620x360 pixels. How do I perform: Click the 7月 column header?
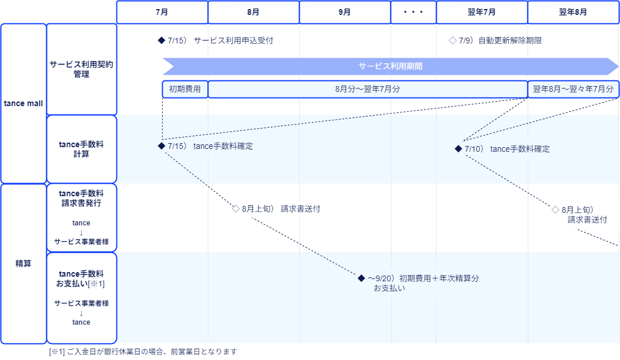click(x=162, y=12)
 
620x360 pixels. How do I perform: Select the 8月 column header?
click(x=253, y=12)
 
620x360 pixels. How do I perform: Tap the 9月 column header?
click(x=345, y=12)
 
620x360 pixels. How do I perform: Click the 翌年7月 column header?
click(x=481, y=12)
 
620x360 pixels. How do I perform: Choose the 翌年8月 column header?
click(x=573, y=12)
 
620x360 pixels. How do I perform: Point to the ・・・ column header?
click(x=413, y=12)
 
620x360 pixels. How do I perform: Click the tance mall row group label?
click(x=23, y=103)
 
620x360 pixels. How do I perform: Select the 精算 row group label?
click(x=23, y=264)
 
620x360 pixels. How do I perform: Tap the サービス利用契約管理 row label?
click(x=82, y=69)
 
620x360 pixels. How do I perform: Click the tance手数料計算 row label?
click(x=82, y=149)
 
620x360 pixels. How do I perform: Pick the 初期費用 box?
click(x=184, y=89)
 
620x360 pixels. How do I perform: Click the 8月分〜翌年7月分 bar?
click(x=367, y=89)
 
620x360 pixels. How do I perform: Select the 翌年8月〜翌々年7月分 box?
click(x=573, y=89)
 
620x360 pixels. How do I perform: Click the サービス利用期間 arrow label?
click(x=390, y=66)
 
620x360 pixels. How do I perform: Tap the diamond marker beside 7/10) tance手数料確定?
click(x=458, y=149)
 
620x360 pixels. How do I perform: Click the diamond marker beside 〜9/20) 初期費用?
click(x=361, y=278)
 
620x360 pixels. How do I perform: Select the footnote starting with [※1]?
click(x=143, y=351)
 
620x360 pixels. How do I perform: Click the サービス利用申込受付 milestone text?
click(x=233, y=41)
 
